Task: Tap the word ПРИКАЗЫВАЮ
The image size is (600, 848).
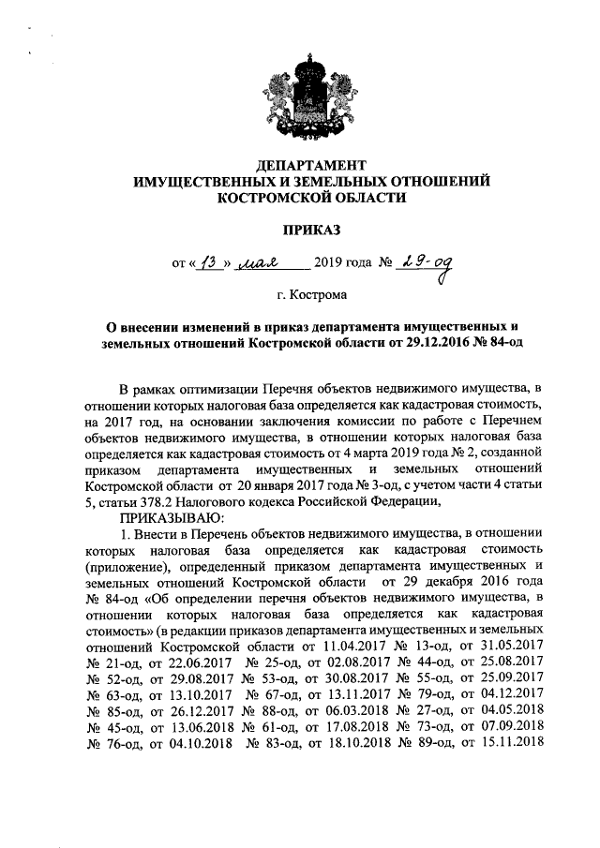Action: [170, 515]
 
